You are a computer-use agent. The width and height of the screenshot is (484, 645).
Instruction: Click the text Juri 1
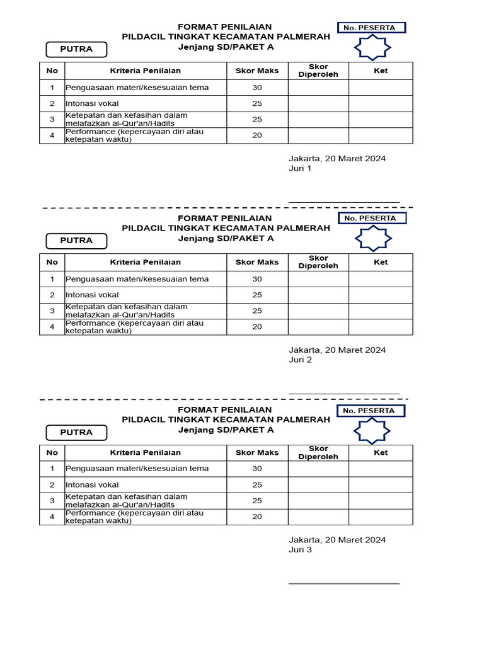300,169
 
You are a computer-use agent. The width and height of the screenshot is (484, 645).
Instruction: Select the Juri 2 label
300,360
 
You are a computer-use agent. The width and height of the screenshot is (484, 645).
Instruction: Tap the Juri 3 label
300,550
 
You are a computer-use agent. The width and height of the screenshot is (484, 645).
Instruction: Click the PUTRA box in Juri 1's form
76,49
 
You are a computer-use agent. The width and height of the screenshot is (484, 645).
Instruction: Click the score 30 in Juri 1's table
257,88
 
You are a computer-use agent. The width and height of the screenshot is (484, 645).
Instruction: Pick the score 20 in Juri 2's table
257,327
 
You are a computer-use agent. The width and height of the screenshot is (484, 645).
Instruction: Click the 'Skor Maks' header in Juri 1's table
257,71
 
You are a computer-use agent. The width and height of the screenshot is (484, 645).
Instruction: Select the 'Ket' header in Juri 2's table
381,263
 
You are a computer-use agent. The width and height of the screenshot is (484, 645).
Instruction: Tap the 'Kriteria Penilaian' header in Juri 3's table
146,453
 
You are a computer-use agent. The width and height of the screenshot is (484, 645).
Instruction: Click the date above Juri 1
337,159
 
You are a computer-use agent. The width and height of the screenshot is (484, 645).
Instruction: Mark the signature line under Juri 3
344,583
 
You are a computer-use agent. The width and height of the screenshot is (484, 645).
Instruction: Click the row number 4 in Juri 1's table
52,135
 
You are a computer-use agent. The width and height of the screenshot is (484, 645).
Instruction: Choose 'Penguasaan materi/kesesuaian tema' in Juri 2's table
137,279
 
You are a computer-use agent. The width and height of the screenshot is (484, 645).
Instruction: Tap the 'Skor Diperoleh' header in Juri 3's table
318,453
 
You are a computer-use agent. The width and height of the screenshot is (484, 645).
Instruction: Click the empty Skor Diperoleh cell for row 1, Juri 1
318,88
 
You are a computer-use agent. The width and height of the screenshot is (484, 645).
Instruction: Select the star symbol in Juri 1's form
372,48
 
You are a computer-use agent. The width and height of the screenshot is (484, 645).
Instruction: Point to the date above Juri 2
337,350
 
